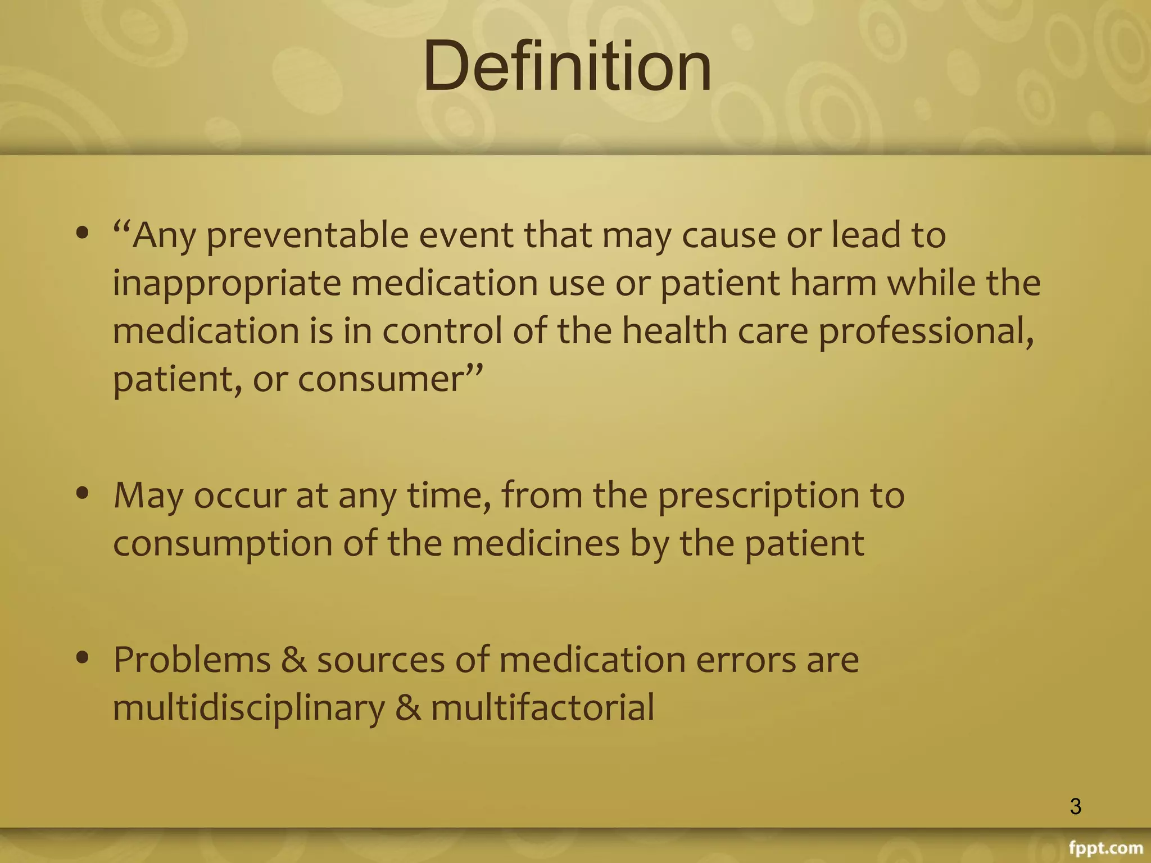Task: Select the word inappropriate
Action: (226, 283)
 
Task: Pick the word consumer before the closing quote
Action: (379, 379)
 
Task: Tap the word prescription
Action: (758, 496)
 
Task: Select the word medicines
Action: (536, 543)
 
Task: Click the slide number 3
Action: (1075, 806)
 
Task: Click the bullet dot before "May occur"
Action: (83, 493)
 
